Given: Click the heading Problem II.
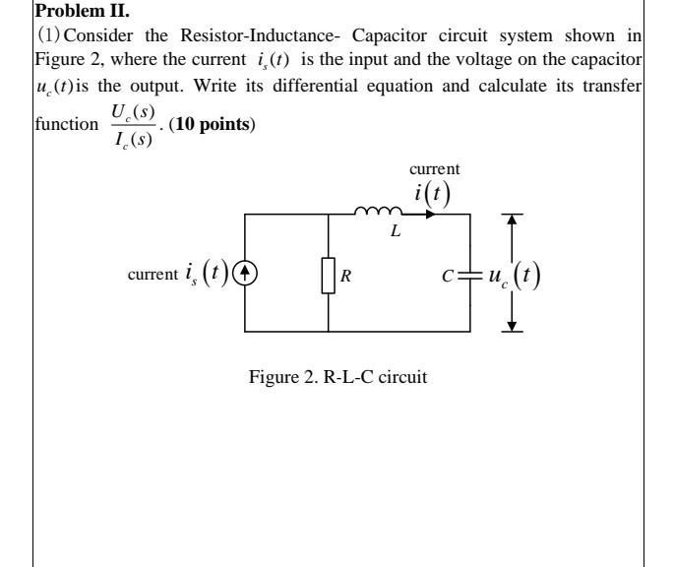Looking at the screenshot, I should point(74,11).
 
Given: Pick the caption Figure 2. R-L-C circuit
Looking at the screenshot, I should point(337,377).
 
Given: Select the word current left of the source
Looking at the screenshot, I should point(151,273).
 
